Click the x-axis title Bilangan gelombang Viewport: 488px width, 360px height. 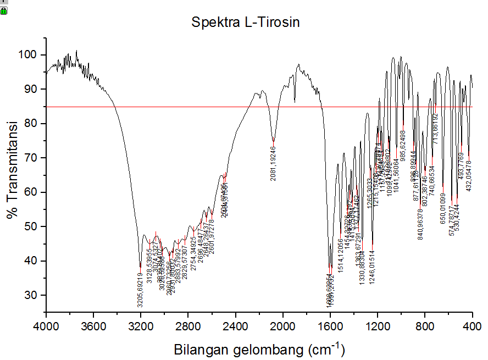pyautogui.click(x=259, y=349)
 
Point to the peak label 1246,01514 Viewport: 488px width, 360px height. pyautogui.click(x=372, y=267)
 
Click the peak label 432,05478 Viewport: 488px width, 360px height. pyautogui.click(x=469, y=175)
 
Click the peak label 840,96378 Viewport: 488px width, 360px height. pyautogui.click(x=420, y=221)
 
